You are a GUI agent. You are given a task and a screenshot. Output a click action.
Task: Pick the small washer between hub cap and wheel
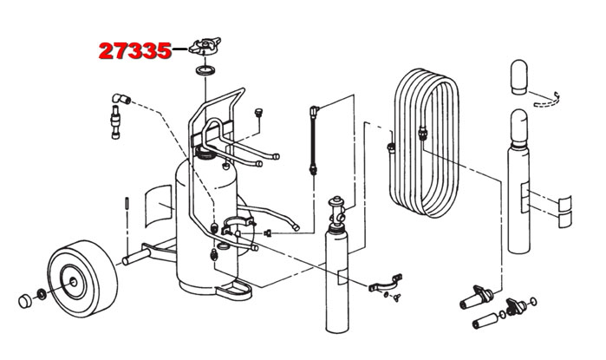point(43,291)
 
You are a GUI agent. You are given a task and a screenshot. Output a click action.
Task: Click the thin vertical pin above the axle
point(127,205)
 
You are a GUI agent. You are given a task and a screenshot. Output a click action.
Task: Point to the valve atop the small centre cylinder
point(337,209)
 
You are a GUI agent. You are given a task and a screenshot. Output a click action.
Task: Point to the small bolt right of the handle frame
point(258,113)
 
